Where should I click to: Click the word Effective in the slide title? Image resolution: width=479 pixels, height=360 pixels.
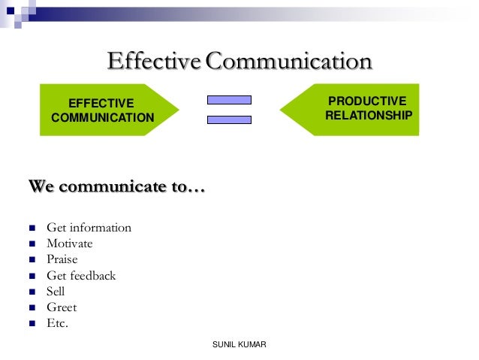tap(155, 61)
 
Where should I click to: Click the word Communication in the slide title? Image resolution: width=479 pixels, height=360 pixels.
tap(288, 61)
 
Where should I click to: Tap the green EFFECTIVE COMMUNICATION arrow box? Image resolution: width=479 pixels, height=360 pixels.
tap(105, 110)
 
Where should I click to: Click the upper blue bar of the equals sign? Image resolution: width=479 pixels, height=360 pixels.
tap(229, 99)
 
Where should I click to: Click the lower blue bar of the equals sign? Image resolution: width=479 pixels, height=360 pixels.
tap(229, 119)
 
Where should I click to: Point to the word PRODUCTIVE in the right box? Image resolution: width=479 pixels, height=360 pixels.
tap(368, 101)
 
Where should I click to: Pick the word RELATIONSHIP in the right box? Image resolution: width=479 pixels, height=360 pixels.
tap(368, 116)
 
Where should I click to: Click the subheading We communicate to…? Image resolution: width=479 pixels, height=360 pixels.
tap(116, 186)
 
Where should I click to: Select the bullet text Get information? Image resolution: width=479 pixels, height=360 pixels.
tap(89, 228)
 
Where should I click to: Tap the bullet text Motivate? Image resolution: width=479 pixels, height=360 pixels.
tap(70, 244)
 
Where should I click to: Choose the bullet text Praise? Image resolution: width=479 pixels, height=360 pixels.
tap(62, 259)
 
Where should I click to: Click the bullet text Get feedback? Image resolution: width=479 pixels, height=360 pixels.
tap(81, 276)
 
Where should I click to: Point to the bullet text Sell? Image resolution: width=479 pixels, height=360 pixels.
tap(56, 292)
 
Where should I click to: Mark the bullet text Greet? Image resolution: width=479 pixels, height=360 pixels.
tap(62, 307)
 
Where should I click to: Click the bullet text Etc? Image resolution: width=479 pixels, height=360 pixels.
tap(57, 324)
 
